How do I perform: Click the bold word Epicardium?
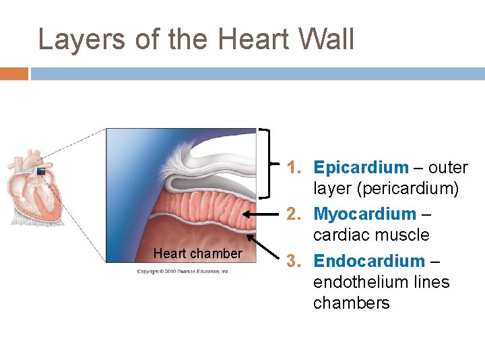(x=361, y=167)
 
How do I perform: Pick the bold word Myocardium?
(x=365, y=214)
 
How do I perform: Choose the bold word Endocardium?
(x=369, y=261)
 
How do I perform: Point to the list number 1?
(x=294, y=167)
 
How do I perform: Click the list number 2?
(x=294, y=214)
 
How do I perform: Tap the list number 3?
(x=294, y=261)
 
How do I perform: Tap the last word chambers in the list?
(x=351, y=303)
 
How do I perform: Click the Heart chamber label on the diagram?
(x=197, y=253)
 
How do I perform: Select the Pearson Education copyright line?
(x=183, y=271)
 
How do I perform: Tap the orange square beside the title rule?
(x=14, y=73)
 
